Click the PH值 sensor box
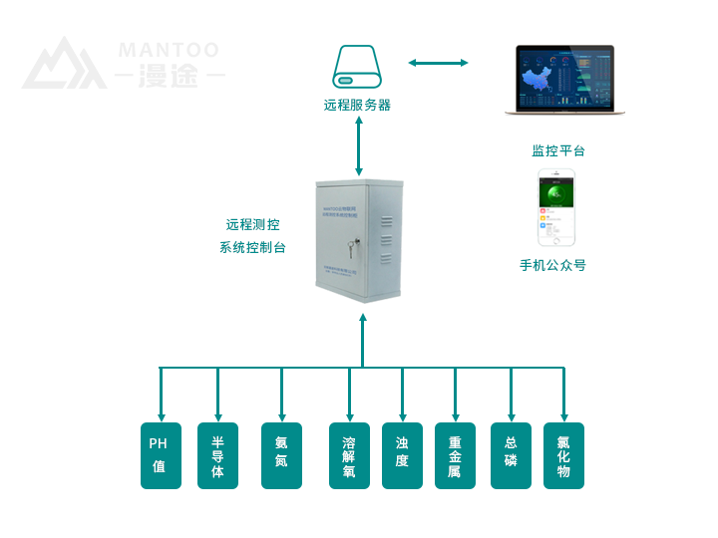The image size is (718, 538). pos(161,455)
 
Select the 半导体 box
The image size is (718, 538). pos(217,455)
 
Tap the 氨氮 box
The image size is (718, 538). pos(281,455)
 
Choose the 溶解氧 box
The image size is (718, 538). pos(349,455)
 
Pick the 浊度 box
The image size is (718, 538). pos(402,455)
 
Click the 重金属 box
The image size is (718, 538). pos(455,455)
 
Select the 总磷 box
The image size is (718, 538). pos(511,455)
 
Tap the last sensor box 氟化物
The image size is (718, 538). pos(563,455)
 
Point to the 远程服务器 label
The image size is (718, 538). pos(357,105)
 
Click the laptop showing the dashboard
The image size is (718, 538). pos(564,81)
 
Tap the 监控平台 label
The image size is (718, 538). pos(558,151)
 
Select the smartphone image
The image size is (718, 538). pos(557,207)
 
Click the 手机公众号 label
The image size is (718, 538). pos(552,266)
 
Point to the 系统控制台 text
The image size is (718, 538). pos(252,247)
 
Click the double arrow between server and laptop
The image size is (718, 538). pos(438,63)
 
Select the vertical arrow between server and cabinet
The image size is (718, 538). pos(358,146)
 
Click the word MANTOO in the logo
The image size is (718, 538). pos(169,50)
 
